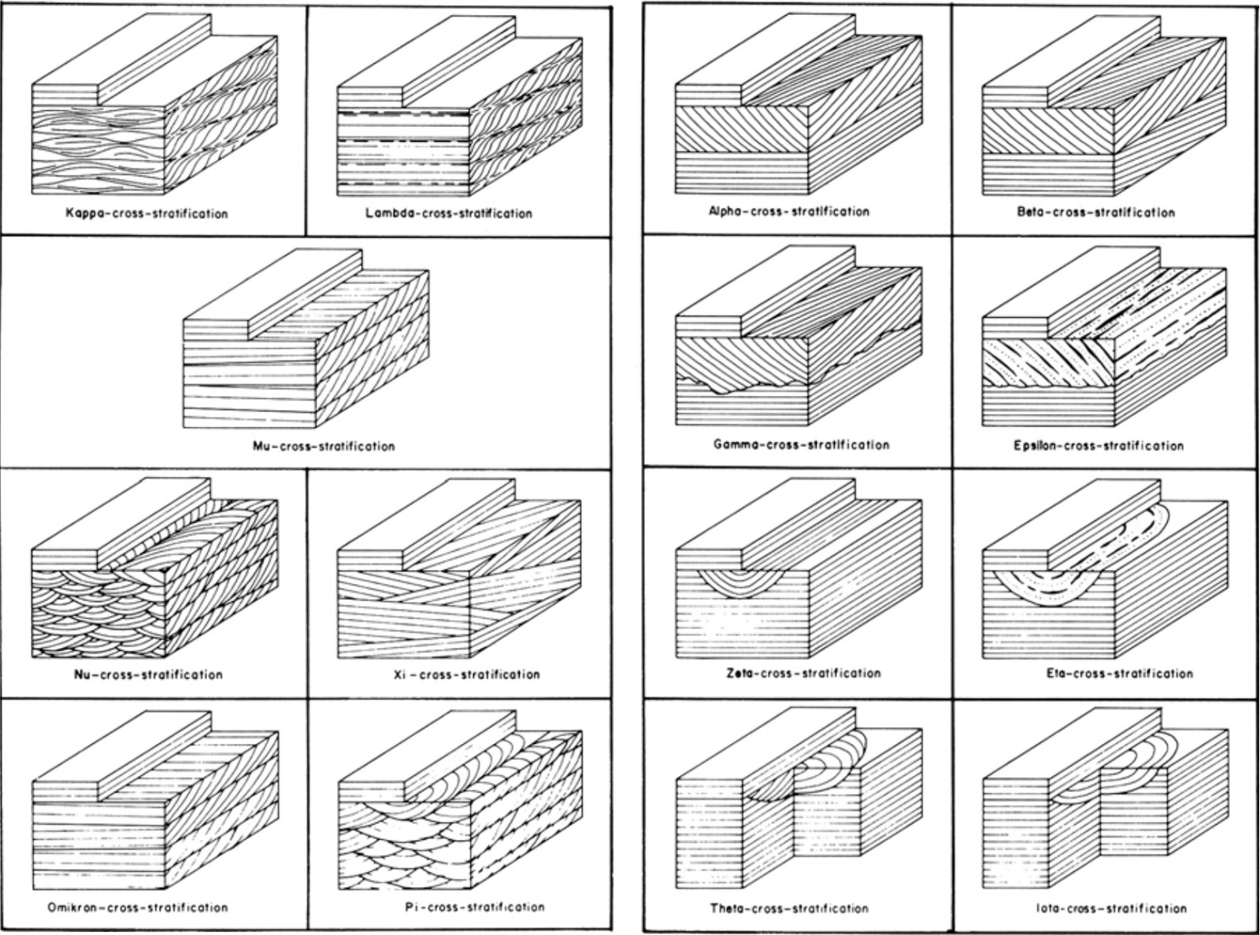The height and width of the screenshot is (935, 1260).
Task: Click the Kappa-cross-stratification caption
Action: [147, 213]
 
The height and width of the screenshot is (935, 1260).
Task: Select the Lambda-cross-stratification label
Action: [449, 213]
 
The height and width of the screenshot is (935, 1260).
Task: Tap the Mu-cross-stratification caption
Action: [324, 446]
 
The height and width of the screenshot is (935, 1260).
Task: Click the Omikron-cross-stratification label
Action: [138, 907]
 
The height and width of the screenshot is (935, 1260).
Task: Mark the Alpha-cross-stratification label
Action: [789, 211]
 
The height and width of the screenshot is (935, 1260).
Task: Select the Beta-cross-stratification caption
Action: [1095, 212]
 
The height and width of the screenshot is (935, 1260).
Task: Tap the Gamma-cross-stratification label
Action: [802, 445]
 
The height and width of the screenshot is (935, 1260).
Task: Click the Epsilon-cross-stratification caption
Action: [1099, 445]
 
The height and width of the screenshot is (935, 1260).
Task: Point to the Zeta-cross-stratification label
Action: [803, 673]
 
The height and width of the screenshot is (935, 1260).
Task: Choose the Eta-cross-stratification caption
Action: [1120, 673]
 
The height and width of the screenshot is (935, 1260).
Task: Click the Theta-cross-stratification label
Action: [790, 908]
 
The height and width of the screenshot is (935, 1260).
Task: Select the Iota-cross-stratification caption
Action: [1111, 908]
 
